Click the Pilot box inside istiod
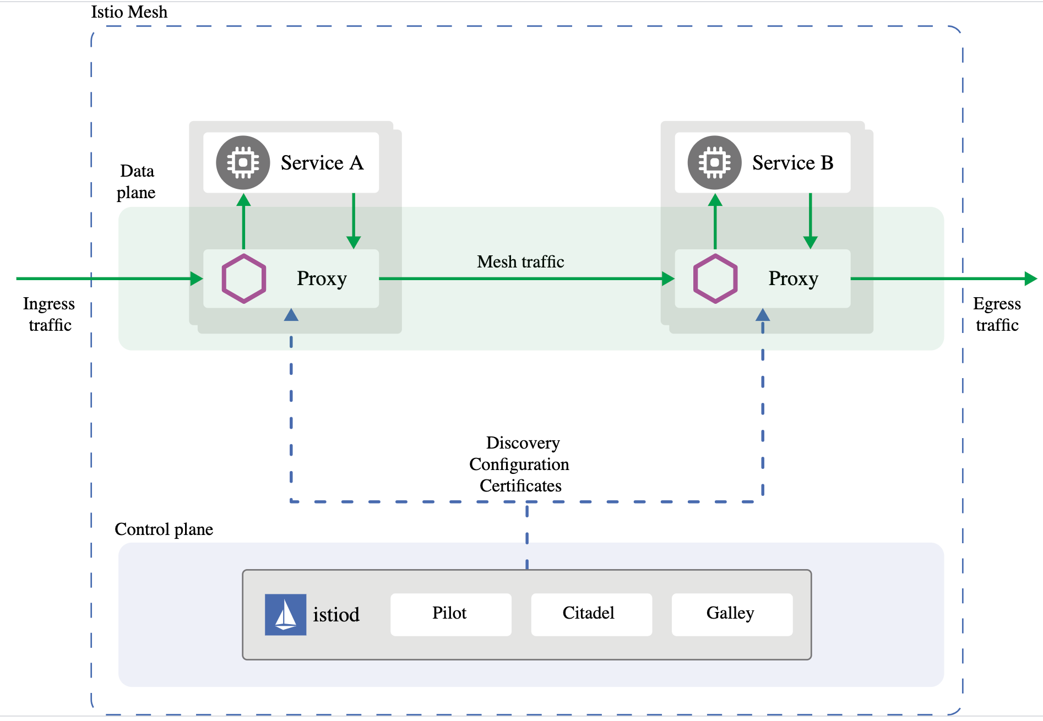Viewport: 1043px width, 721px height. (450, 614)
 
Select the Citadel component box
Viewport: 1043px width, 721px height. (591, 614)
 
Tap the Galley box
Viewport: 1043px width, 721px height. (731, 614)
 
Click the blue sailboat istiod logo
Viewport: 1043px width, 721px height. (285, 614)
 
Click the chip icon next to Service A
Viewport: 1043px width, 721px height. (243, 162)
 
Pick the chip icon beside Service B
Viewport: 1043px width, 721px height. (714, 162)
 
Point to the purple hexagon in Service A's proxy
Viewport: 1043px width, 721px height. (244, 278)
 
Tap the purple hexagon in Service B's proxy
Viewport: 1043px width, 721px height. (715, 278)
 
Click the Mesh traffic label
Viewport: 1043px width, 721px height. (520, 262)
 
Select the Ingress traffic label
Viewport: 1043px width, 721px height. (49, 314)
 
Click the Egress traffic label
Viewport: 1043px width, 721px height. (997, 314)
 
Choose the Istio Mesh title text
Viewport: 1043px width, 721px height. (129, 12)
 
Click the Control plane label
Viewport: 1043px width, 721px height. (164, 529)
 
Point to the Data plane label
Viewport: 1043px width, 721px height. (137, 182)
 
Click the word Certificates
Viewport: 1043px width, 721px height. (520, 486)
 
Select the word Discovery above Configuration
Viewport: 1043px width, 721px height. (523, 443)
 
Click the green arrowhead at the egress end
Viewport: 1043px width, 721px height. (1030, 278)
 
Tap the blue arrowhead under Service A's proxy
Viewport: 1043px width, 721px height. (291, 315)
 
